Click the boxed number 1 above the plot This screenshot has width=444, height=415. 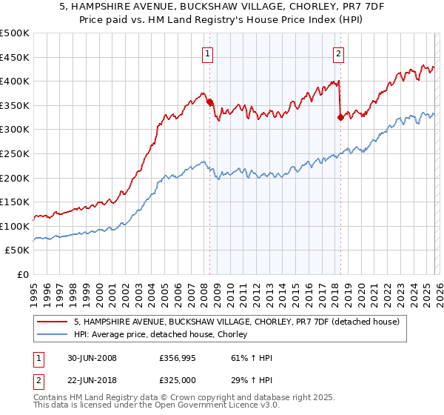click(x=207, y=53)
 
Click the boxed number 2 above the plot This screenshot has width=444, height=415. click(x=338, y=53)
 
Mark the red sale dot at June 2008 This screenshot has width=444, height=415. click(x=209, y=102)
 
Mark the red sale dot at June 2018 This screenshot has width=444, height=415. click(x=340, y=117)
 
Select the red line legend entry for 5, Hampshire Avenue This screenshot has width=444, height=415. click(x=237, y=322)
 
